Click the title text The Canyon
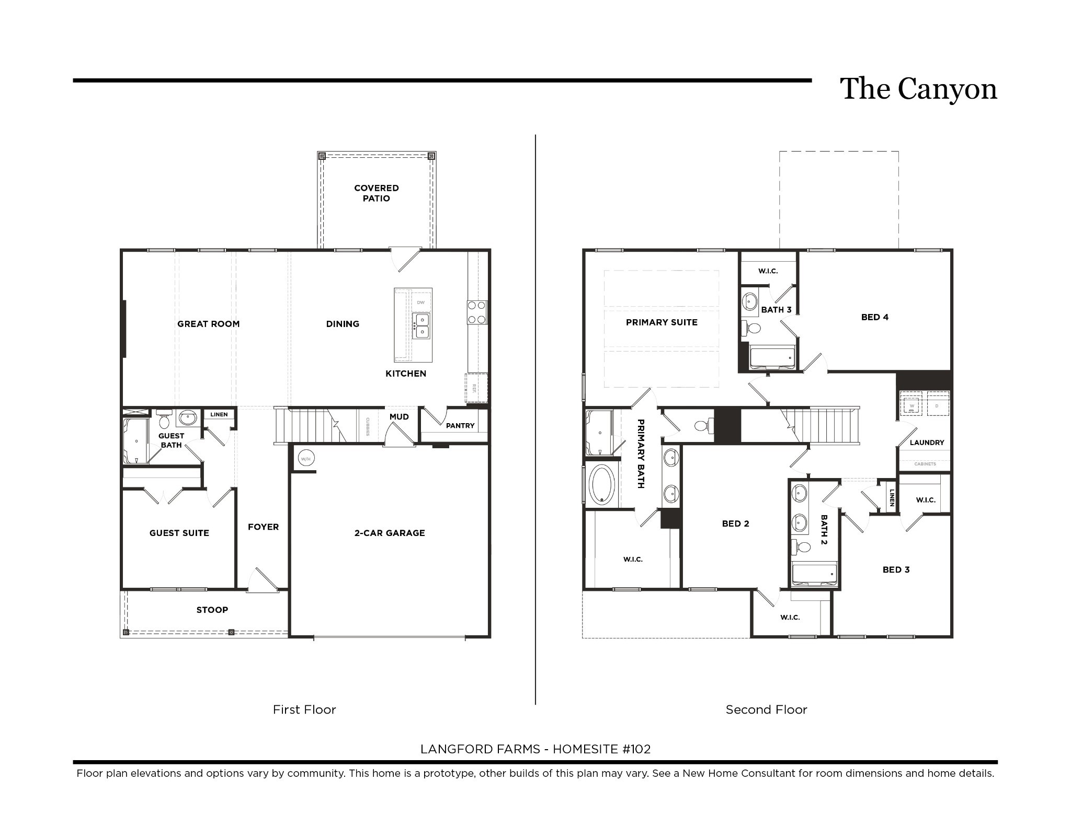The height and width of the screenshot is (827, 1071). coord(918,89)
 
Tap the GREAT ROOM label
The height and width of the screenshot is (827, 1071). coord(208,324)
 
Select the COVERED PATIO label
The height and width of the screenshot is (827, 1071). coord(377,193)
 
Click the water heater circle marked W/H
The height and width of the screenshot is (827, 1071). coord(306,459)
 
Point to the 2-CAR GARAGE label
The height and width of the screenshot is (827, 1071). coord(390,533)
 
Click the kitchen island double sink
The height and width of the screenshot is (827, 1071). coord(421,327)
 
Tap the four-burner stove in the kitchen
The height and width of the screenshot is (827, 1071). coord(477,312)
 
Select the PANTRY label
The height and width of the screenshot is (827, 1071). coord(460,426)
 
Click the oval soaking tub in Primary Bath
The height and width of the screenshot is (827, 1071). coord(602,484)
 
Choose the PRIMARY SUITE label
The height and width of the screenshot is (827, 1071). coord(662,322)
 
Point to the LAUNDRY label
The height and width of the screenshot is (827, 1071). coord(927,442)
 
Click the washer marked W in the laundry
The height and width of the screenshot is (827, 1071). coord(912,405)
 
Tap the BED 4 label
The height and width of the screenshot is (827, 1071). coord(875,317)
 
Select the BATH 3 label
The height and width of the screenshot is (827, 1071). coord(776,310)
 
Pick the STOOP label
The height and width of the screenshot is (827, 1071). coord(212,610)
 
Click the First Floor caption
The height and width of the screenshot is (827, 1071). coord(304,709)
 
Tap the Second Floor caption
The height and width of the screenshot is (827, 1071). coord(766,709)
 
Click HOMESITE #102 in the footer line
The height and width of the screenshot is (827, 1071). coord(601,749)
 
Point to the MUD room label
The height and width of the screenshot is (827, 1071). coord(399,417)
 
